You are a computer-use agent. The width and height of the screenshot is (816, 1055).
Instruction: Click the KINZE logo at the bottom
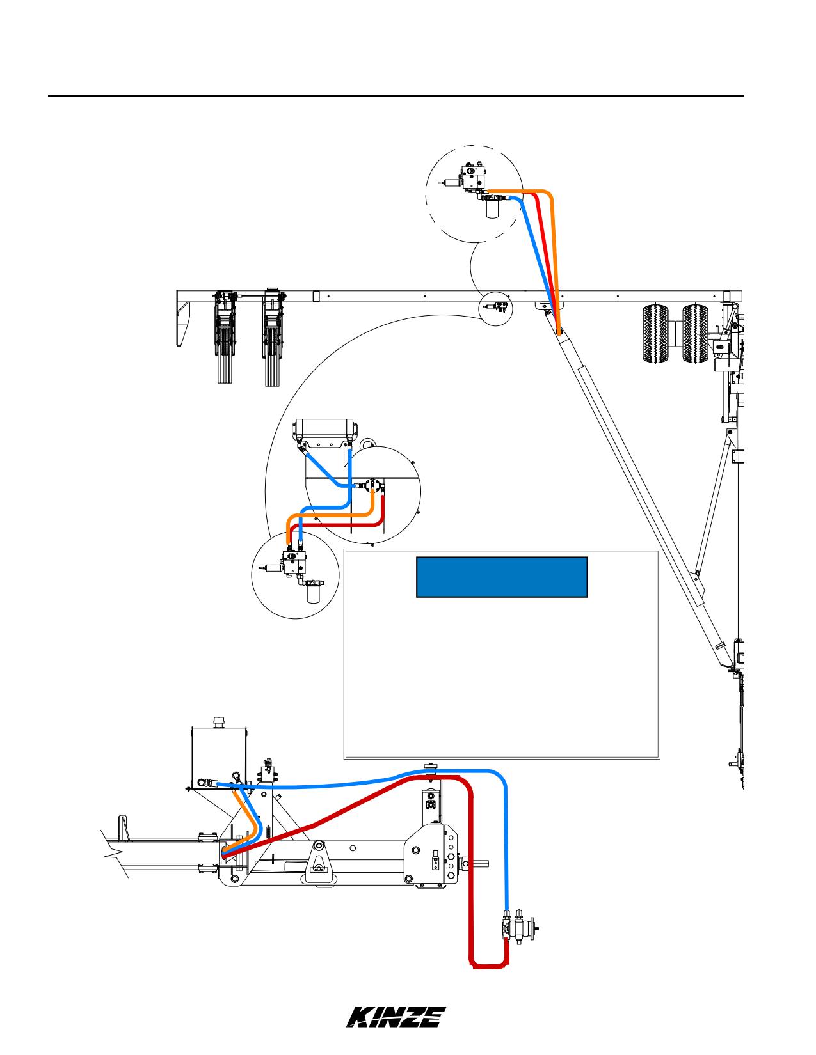coord(396,1017)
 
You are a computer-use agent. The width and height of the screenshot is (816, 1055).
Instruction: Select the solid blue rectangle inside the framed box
coord(502,577)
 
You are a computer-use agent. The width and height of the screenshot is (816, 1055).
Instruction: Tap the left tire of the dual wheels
coord(655,334)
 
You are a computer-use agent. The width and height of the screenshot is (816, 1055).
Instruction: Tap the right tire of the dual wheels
coord(695,334)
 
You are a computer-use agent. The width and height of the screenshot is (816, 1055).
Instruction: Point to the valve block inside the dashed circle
coord(474,178)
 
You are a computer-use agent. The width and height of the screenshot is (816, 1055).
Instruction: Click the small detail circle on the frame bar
coord(495,309)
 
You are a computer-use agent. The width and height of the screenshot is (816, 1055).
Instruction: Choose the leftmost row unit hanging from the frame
coord(225,336)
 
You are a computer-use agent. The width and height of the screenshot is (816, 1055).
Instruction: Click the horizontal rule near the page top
coord(396,96)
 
